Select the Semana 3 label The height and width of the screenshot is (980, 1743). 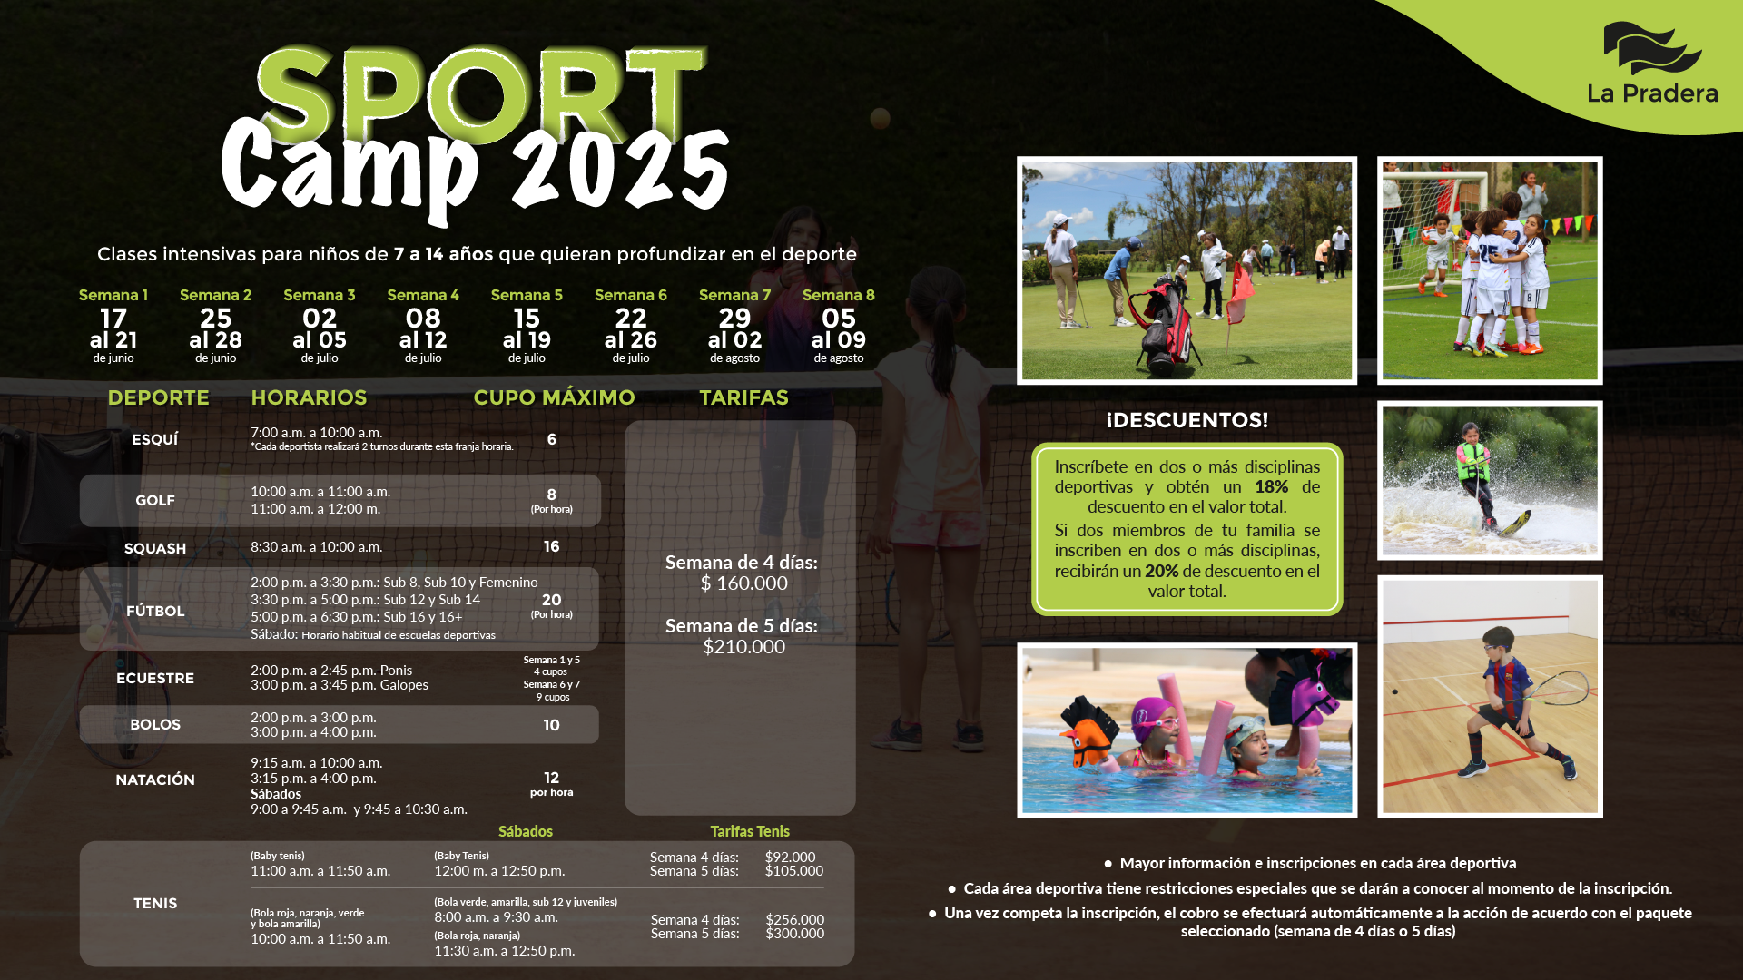tap(320, 295)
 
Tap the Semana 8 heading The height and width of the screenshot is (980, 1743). tap(839, 295)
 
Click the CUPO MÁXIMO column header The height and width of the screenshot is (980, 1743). tap(554, 397)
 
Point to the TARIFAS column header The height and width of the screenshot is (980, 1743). tap(743, 397)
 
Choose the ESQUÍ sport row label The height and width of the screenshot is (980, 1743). tap(155, 439)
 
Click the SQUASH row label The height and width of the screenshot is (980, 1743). tap(155, 548)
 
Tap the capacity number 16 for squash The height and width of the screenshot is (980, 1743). tap(551, 546)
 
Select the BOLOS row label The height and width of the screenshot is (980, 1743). tap(155, 724)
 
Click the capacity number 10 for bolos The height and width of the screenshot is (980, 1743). tap(551, 725)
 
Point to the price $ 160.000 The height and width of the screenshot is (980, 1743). tap(743, 583)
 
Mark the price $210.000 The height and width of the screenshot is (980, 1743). tap(743, 647)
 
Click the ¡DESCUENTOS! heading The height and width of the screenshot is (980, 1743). tap(1187, 420)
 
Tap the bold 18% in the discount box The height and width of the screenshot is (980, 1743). tap(1271, 487)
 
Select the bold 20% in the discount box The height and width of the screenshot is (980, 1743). tap(1161, 572)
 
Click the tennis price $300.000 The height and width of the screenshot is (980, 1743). tap(794, 934)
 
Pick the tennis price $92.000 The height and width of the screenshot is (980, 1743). tap(790, 857)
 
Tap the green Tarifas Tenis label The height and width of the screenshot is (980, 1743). tap(750, 831)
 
